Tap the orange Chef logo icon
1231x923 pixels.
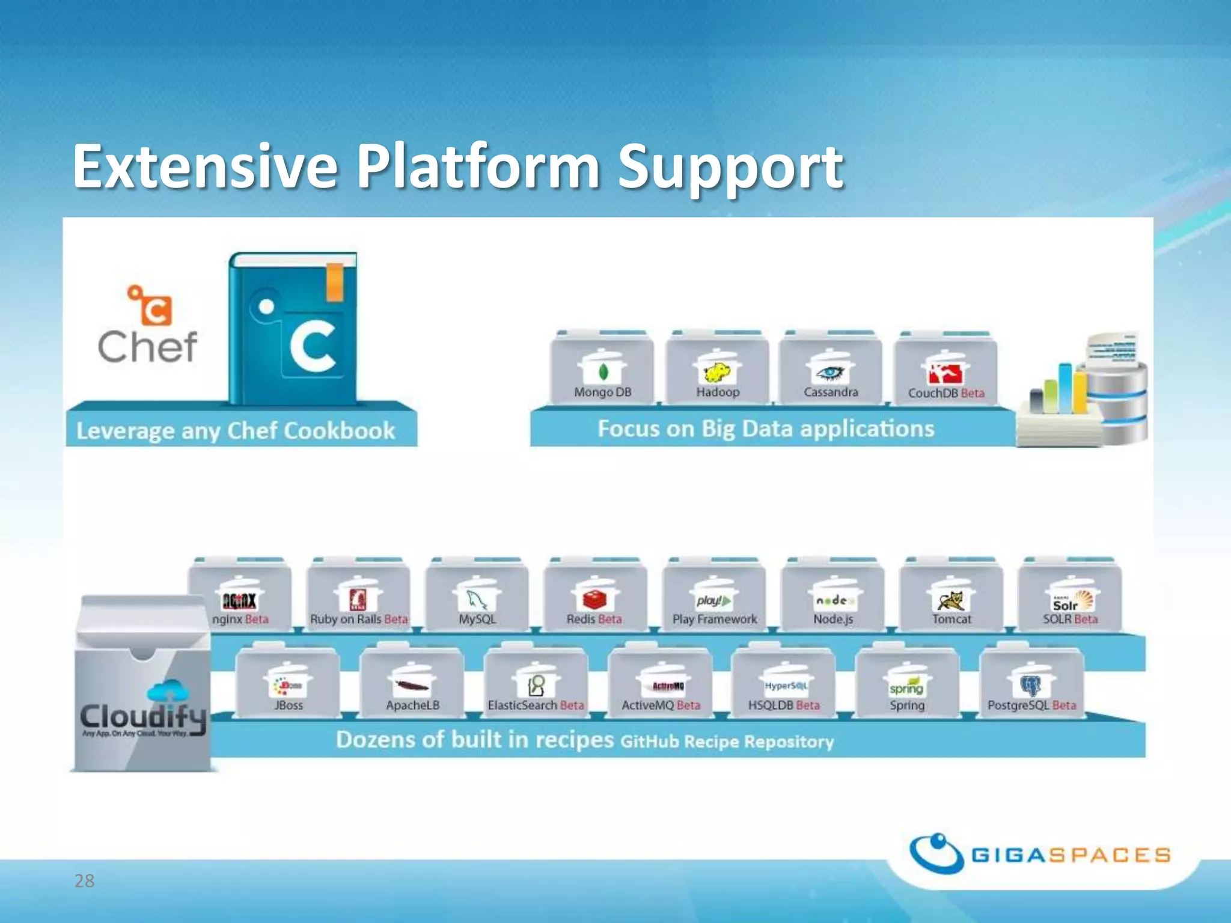pyautogui.click(x=150, y=305)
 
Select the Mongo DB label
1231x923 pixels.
pyautogui.click(x=602, y=392)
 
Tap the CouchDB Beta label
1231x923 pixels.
pyautogui.click(x=946, y=393)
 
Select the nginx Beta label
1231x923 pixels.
pyautogui.click(x=240, y=619)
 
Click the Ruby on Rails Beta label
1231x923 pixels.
pyautogui.click(x=359, y=619)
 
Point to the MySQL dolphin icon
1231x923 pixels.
pyautogui.click(x=477, y=599)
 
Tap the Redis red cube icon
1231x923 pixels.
pyautogui.click(x=594, y=599)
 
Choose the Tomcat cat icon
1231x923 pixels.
pyautogui.click(x=952, y=599)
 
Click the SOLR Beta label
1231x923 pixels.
pyautogui.click(x=1070, y=619)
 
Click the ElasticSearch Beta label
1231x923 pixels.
pyautogui.click(x=536, y=705)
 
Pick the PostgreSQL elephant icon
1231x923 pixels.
pyautogui.click(x=1031, y=684)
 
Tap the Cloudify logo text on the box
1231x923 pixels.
pyautogui.click(x=143, y=716)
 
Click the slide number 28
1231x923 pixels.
pyautogui.click(x=84, y=881)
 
